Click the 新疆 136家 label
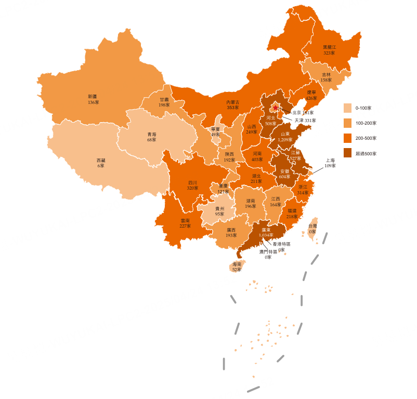93,99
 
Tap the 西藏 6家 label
101,163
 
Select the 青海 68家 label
151,137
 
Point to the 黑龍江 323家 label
329,50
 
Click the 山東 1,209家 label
285,137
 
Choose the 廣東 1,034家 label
266,232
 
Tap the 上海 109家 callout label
330,163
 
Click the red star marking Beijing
275,108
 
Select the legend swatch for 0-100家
347,108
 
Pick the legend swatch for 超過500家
347,153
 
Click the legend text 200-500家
366,138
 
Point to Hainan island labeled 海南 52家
237,267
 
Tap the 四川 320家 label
192,185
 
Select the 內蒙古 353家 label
233,104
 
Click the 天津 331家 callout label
305,121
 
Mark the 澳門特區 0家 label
268,254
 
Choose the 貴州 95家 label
220,211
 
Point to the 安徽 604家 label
284,174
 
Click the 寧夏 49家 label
215,131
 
